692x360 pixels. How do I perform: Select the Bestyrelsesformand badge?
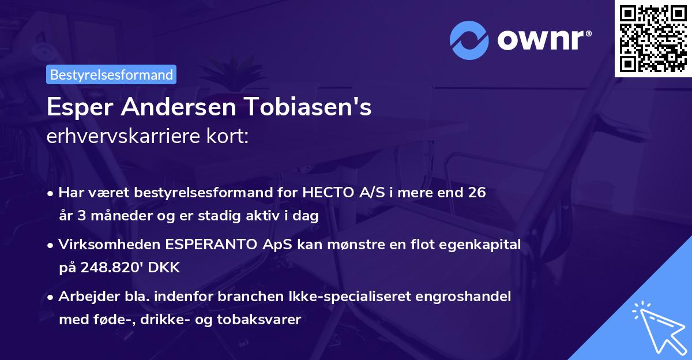[x=111, y=74]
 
